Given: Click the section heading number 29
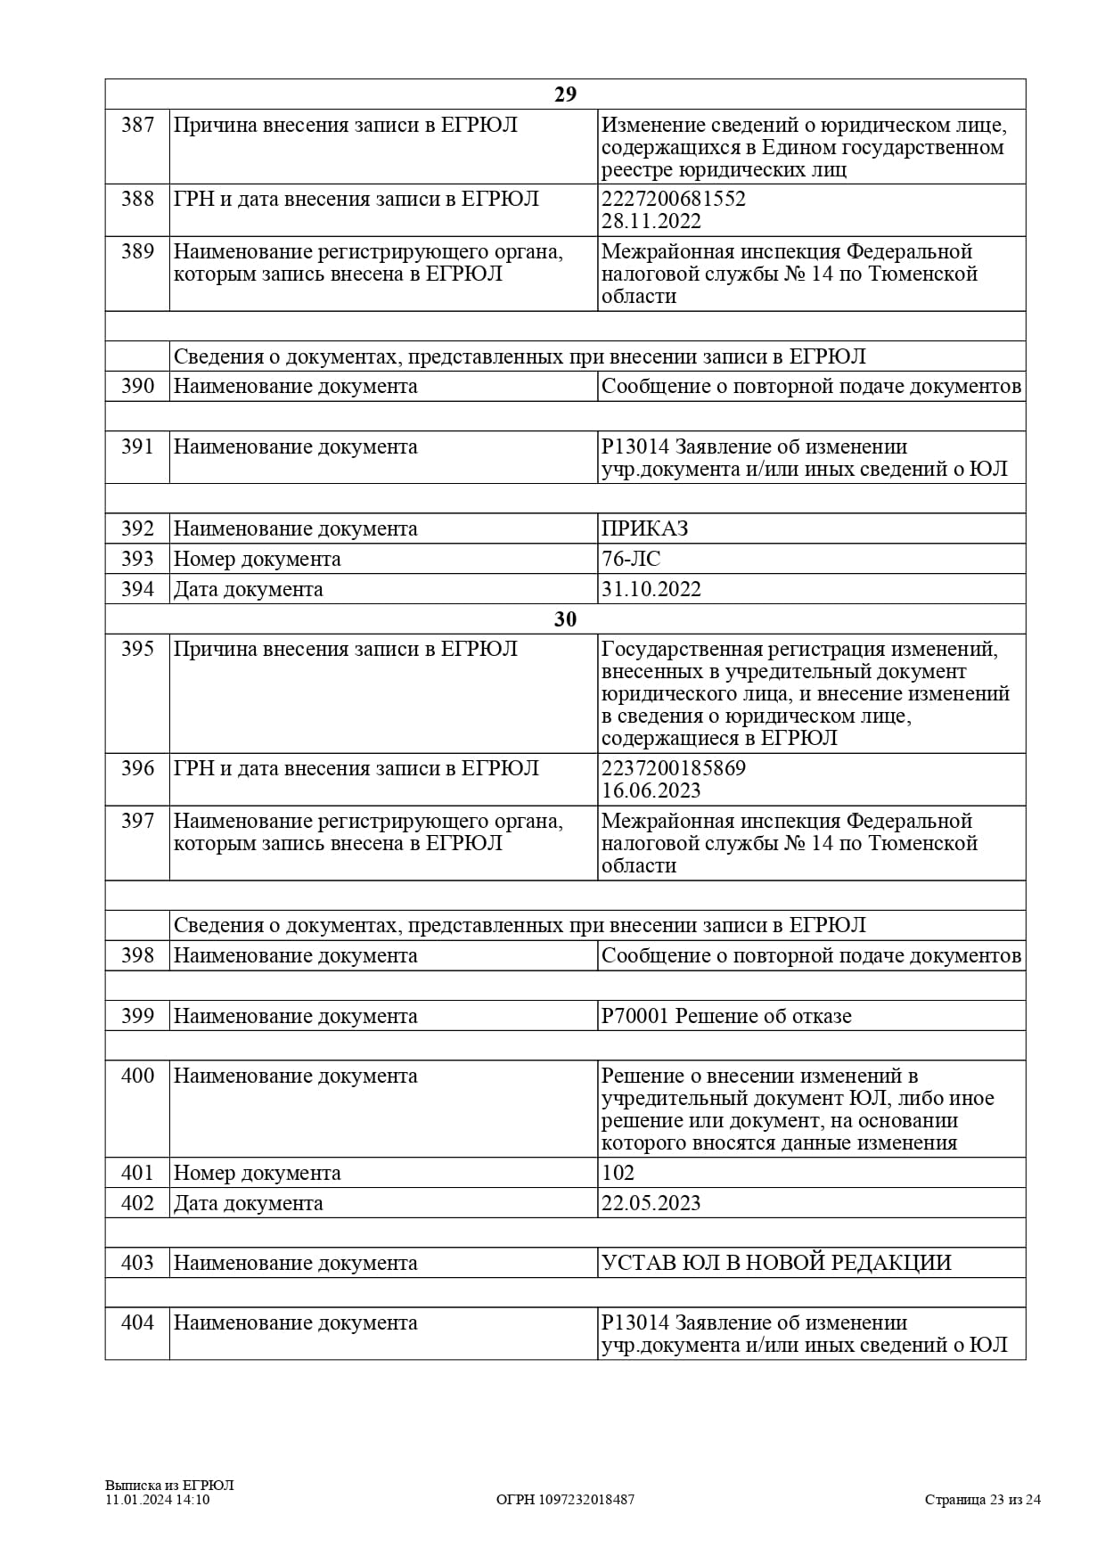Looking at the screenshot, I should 565,94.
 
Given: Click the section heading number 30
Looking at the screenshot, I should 565,619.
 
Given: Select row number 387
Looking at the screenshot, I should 137,125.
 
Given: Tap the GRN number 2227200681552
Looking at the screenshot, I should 674,199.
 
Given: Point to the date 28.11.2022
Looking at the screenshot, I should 651,221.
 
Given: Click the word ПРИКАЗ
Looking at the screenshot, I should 645,528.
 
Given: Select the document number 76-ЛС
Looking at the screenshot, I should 631,559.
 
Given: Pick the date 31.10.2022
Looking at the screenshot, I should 651,589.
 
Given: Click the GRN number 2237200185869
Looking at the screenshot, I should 674,768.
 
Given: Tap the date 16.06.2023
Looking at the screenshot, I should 651,790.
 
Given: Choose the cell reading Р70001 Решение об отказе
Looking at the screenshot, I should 726,1016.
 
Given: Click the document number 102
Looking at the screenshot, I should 618,1173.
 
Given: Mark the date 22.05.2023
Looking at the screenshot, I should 651,1203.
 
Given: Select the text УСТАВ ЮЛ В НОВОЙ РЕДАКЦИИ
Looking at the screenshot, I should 776,1263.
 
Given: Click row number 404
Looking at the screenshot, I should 137,1322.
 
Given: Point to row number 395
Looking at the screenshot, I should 137,649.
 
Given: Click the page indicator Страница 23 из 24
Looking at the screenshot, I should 982,1500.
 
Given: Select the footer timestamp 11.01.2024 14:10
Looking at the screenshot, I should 158,1500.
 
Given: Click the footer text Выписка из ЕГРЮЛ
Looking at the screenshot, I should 169,1486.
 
